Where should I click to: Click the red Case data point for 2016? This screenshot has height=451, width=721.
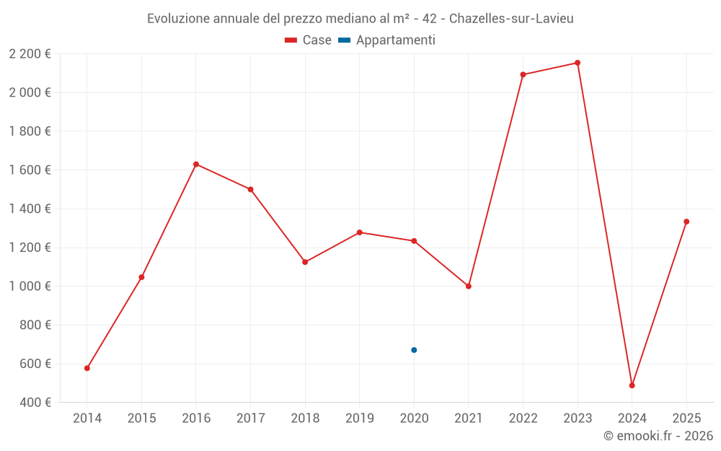(196, 165)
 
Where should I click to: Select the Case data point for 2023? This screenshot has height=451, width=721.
(578, 63)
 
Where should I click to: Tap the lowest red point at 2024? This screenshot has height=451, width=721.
(632, 385)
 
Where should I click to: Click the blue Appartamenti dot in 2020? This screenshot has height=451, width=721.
(414, 350)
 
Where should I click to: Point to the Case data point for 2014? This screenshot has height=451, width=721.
(87, 368)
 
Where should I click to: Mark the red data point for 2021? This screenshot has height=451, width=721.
(469, 286)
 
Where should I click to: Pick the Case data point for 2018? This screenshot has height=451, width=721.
(305, 262)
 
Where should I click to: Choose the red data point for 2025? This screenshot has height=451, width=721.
(686, 222)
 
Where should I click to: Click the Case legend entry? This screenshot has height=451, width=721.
(309, 40)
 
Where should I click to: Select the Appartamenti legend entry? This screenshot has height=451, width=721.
(387, 40)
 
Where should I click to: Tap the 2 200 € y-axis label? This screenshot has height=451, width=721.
(30, 54)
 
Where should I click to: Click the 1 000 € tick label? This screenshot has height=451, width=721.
(30, 286)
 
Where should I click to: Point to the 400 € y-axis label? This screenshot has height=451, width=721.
(34, 403)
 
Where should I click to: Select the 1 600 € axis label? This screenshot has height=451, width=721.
(30, 170)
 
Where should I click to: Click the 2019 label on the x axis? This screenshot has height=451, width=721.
(359, 419)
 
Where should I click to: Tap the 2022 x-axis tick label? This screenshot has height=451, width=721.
(523, 419)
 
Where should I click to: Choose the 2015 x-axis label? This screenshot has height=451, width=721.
(141, 419)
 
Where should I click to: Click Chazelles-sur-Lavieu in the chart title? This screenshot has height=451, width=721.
(511, 19)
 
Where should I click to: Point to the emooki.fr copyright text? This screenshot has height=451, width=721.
(658, 436)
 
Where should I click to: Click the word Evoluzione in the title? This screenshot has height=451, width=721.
(178, 19)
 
